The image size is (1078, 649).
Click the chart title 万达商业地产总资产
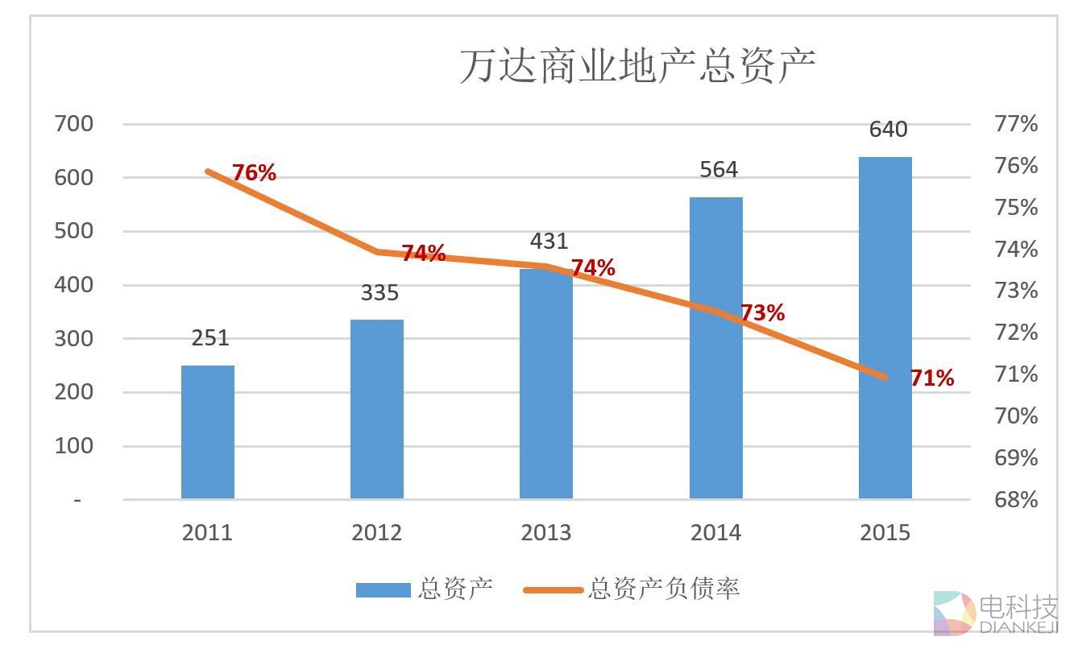point(637,66)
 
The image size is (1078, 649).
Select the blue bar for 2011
point(207,432)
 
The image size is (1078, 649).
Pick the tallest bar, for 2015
point(885,328)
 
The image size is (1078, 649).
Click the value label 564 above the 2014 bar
point(718,170)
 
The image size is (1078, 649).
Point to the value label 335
point(379,292)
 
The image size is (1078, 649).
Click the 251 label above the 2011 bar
point(210,338)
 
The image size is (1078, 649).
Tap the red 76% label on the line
point(254,172)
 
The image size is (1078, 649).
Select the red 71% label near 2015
point(932,378)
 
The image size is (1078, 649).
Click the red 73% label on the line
point(762,312)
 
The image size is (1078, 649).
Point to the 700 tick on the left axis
point(74,124)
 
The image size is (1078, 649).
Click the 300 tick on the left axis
point(74,339)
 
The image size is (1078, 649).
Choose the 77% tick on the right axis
point(1016,124)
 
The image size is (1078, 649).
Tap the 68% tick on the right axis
point(1016,499)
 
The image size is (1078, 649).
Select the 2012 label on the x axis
point(376,533)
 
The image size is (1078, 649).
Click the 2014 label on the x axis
point(715,533)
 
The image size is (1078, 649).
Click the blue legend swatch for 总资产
point(383,590)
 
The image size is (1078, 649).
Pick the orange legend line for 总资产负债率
point(553,590)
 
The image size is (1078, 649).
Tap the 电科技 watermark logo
point(994,614)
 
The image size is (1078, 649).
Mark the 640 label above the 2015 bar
point(888,130)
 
